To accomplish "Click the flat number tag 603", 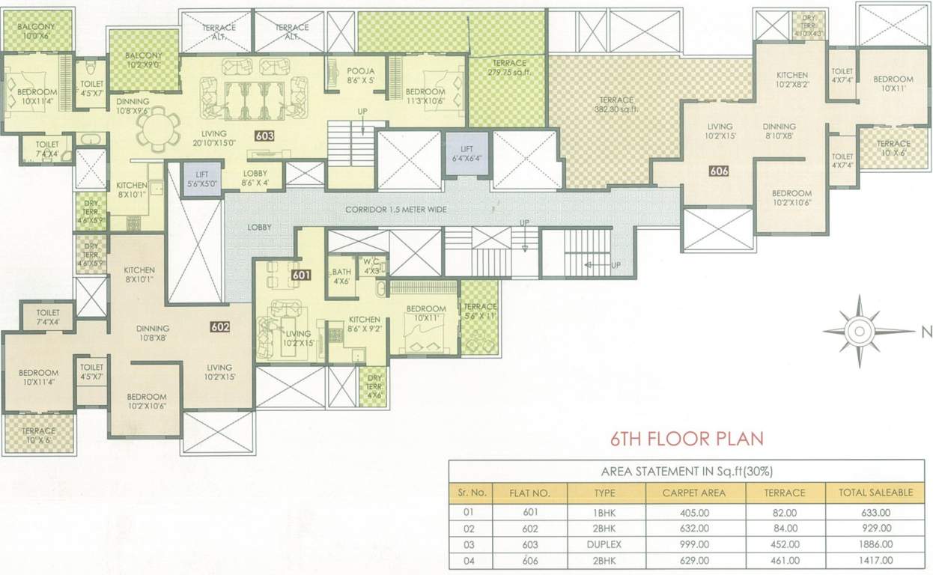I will [x=264, y=136].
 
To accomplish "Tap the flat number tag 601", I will [x=301, y=276].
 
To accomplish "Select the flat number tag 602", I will [x=219, y=326].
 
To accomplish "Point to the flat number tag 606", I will [x=719, y=171].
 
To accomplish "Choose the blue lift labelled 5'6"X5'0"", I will [x=204, y=180].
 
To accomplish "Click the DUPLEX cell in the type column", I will [x=606, y=544].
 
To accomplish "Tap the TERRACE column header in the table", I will [x=784, y=493].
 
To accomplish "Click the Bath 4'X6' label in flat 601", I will [x=342, y=276].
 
